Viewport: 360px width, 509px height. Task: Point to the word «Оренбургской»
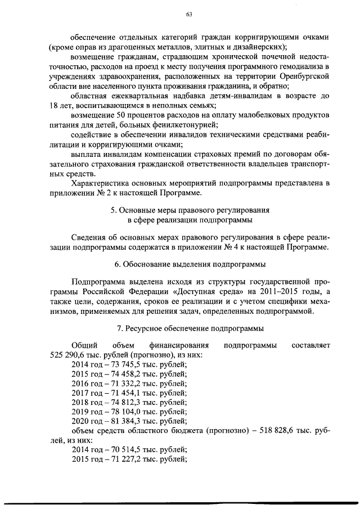(x=300, y=76)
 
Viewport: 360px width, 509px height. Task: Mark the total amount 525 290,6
(x=69, y=354)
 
